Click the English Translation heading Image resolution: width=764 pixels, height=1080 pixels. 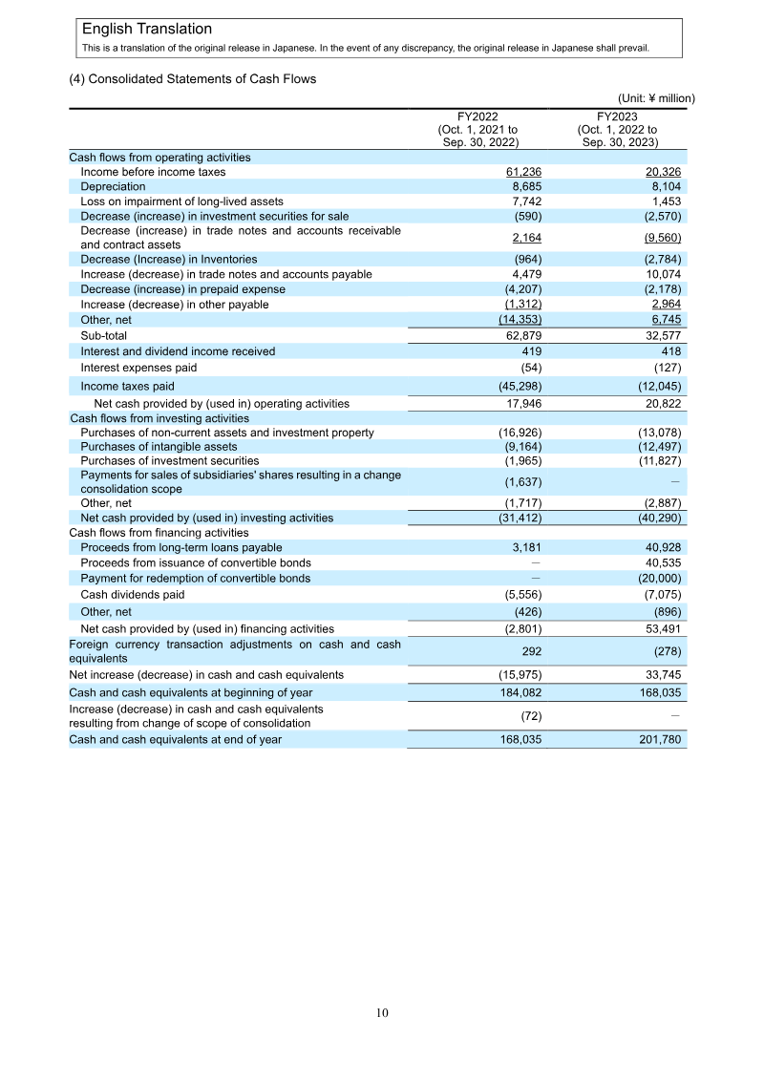147,30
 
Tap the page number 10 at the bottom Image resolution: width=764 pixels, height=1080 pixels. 382,1013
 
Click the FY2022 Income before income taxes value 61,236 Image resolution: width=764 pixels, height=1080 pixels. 517,172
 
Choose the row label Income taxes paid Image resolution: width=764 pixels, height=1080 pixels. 127,386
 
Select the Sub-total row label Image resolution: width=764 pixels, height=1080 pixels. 103,336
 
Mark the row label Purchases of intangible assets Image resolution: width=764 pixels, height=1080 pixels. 159,447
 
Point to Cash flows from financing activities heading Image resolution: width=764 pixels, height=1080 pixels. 159,533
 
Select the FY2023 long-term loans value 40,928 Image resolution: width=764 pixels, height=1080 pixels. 660,547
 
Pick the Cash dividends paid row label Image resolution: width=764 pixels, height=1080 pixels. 133,594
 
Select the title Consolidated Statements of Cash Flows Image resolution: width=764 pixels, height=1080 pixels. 192,79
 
